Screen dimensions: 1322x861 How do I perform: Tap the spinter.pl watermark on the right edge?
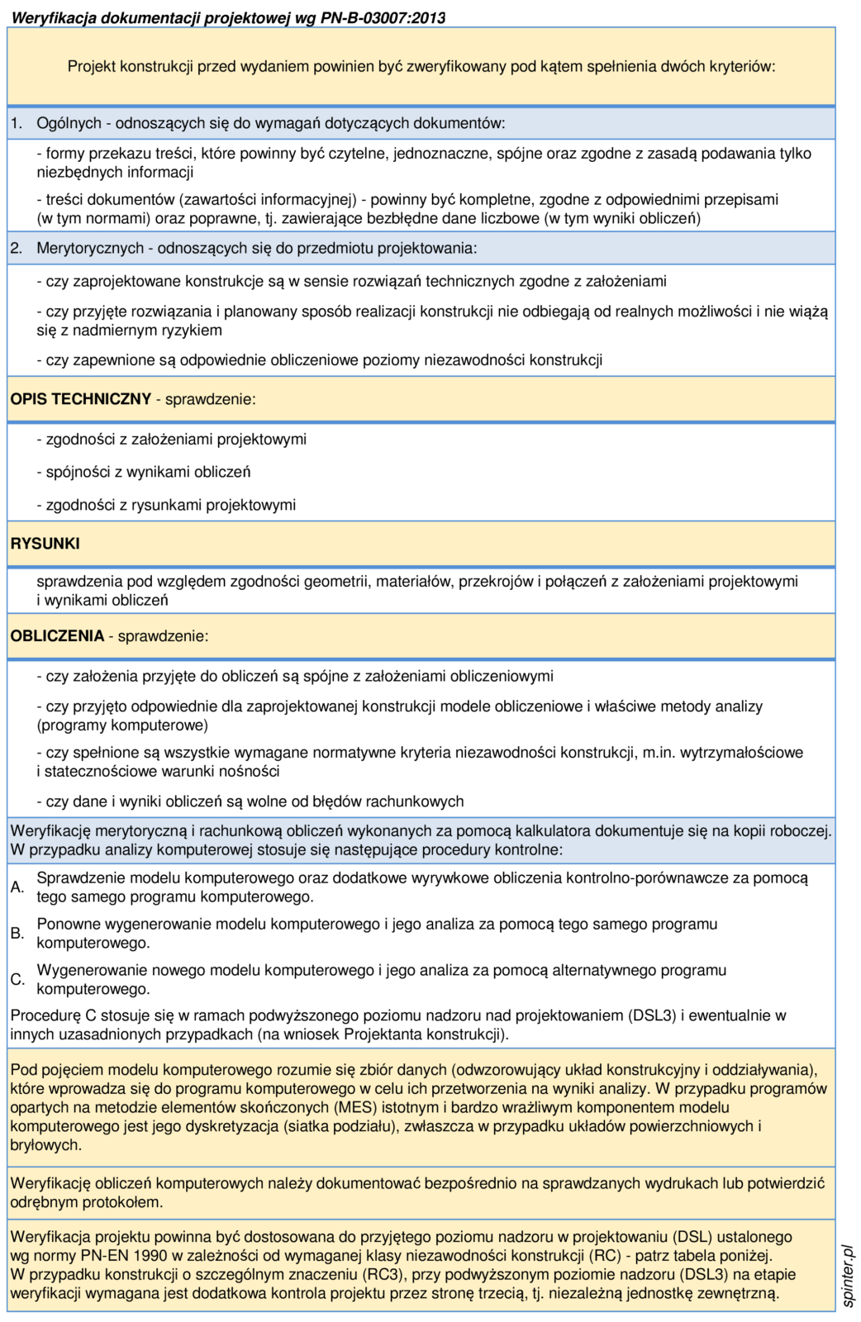[x=849, y=1276]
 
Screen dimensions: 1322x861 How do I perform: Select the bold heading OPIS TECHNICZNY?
[x=80, y=399]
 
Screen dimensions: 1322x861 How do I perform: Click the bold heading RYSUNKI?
[x=45, y=544]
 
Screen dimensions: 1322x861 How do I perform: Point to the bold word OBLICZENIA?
[x=57, y=636]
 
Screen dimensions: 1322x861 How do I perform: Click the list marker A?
[x=17, y=887]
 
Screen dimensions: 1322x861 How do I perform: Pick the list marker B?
[x=17, y=934]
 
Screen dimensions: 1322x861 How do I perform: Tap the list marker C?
[x=17, y=980]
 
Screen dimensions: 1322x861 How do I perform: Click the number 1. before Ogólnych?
[x=17, y=123]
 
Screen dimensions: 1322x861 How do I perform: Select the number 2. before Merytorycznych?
[x=17, y=248]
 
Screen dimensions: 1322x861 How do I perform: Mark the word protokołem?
[x=117, y=1202]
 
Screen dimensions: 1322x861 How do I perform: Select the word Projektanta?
[x=381, y=1034]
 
